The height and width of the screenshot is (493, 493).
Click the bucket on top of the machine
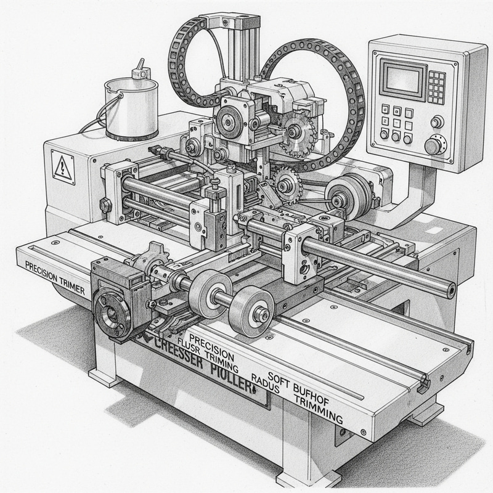pos(130,107)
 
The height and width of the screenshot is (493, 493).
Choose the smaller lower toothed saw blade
pos(285,181)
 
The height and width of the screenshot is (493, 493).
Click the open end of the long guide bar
pos(452,287)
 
